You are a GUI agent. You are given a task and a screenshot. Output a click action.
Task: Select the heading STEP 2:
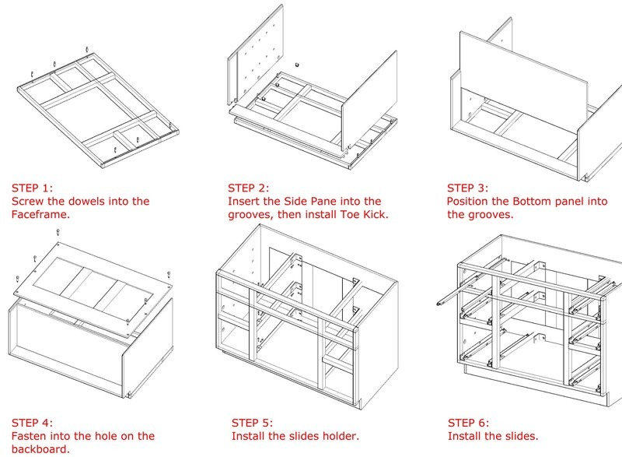coord(249,188)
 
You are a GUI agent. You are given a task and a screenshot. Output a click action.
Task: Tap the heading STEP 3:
coord(468,188)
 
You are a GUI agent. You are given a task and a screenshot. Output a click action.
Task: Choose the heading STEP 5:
coord(252,423)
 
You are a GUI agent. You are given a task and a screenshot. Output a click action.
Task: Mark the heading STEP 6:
coord(469,423)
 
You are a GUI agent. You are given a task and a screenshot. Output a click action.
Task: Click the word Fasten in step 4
coord(31,436)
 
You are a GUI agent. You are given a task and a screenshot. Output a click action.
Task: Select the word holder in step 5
coord(339,436)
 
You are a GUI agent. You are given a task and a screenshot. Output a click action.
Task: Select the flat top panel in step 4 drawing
coord(93,284)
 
